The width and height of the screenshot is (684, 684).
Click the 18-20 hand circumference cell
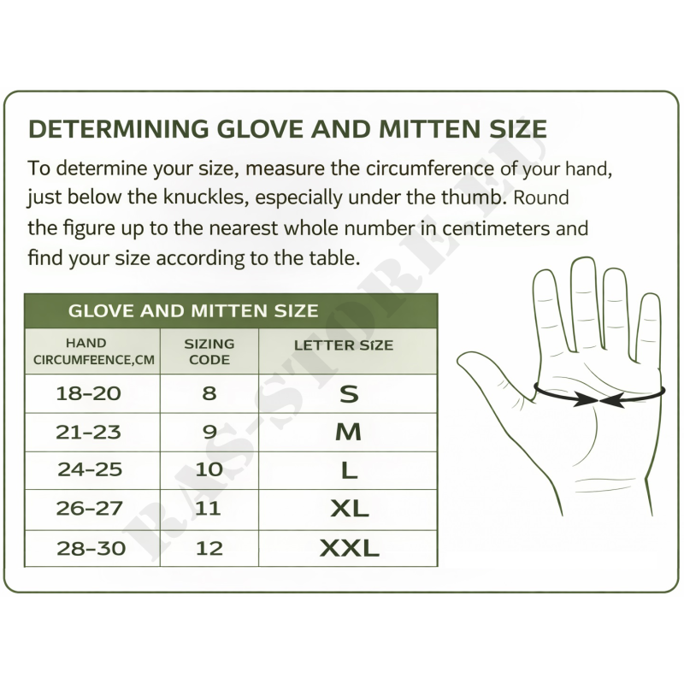click(x=92, y=393)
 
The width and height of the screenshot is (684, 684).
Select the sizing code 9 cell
click(x=209, y=432)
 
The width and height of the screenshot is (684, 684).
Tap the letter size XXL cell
click(x=348, y=548)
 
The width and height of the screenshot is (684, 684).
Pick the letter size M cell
click(x=348, y=432)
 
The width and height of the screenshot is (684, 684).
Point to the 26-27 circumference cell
click(x=92, y=510)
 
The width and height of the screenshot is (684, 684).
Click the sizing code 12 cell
click(x=209, y=548)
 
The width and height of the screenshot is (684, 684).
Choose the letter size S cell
click(x=348, y=393)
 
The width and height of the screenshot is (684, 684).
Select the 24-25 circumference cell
click(x=92, y=470)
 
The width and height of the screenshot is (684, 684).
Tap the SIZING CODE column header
click(x=209, y=351)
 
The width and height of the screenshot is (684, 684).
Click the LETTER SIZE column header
click(x=344, y=345)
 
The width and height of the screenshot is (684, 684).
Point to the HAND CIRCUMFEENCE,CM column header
click(x=93, y=351)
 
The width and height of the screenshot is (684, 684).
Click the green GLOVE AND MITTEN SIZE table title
click(x=193, y=311)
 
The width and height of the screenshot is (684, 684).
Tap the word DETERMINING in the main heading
click(x=119, y=129)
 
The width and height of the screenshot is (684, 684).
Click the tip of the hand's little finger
click(x=652, y=296)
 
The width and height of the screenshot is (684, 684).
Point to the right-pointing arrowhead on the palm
click(x=586, y=399)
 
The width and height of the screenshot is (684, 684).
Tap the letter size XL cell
click(x=348, y=510)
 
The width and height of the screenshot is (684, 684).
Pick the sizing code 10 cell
click(x=209, y=470)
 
